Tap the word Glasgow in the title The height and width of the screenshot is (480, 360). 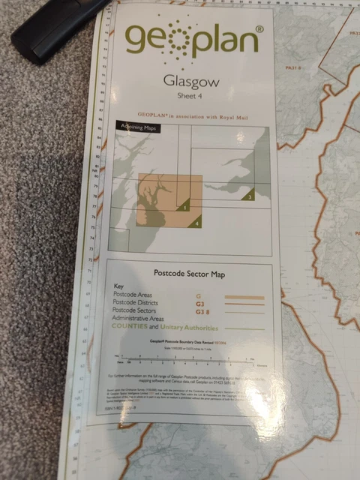(190, 82)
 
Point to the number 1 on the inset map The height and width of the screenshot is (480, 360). (184, 204)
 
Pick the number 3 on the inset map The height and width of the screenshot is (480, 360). (250, 196)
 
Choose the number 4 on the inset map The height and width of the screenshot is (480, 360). (196, 223)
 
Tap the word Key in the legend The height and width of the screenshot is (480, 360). (118, 286)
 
